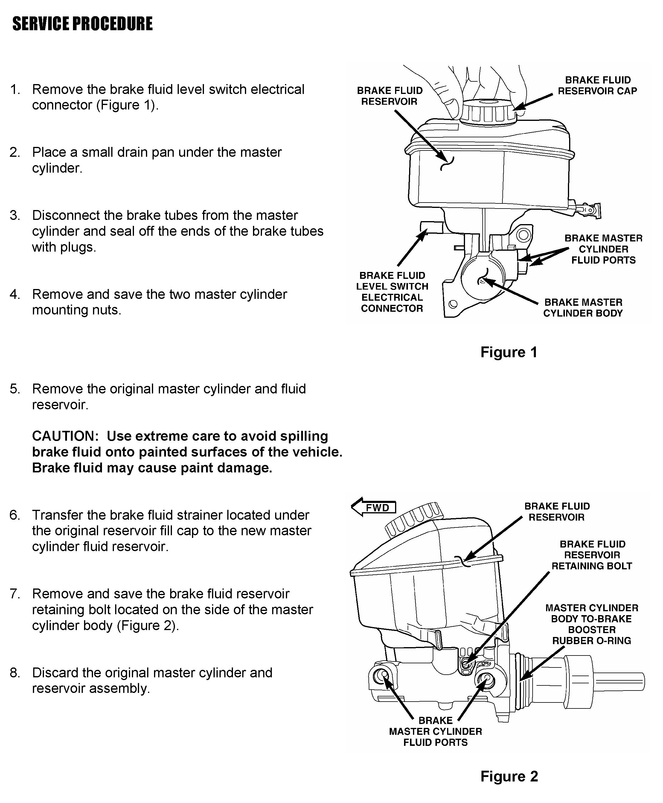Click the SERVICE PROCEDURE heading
point(83,24)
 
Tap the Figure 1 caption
point(509,352)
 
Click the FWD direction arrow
point(374,508)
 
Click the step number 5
point(15,389)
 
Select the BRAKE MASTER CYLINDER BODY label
point(583,308)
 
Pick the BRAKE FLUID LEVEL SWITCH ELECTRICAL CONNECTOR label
point(392,292)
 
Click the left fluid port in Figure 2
point(380,676)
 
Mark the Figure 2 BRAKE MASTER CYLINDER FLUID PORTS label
point(435,731)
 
